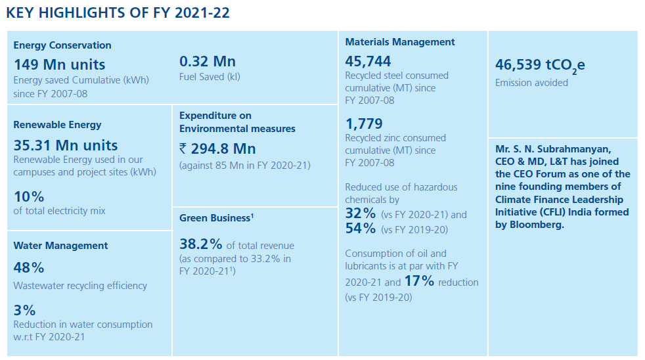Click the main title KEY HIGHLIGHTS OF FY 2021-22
118,12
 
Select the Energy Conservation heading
62,45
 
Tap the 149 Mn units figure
59,64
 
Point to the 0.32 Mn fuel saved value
207,62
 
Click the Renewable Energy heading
57,124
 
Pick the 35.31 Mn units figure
66,145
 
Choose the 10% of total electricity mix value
29,196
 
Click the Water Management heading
60,245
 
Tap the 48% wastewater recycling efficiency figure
29,267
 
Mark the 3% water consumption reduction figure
24,309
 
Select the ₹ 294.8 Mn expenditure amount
217,148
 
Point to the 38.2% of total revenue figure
201,244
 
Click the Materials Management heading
400,41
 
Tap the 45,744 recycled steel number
368,61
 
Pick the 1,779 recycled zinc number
364,124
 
